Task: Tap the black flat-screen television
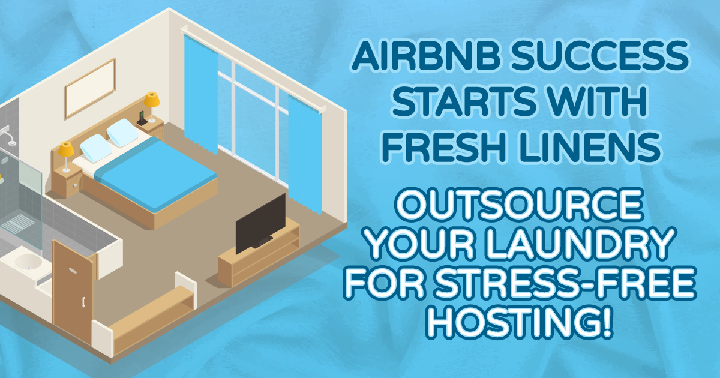(260, 223)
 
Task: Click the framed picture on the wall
(90, 88)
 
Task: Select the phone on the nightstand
(142, 119)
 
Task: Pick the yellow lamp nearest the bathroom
(66, 157)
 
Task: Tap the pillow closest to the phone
(122, 133)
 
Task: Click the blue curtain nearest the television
(305, 152)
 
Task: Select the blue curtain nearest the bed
(201, 94)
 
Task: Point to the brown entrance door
(73, 291)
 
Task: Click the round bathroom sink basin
(28, 262)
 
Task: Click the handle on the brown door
(83, 302)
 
